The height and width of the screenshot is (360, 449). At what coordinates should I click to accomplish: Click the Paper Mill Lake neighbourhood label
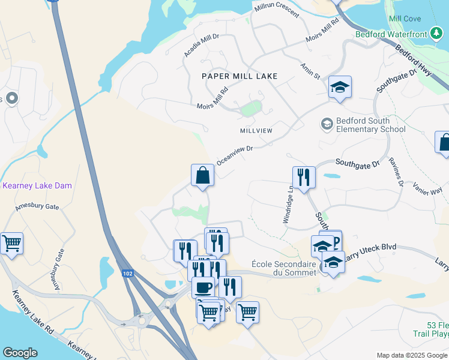tap(240, 76)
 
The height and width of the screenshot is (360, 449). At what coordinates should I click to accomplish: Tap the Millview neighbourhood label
tap(256, 131)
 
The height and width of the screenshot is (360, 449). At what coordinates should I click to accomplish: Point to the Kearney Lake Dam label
tap(37, 186)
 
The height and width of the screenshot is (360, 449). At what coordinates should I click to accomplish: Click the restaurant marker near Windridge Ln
tap(303, 178)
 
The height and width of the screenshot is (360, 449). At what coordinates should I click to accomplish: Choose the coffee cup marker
tap(203, 287)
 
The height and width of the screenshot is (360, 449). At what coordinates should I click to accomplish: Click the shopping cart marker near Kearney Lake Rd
tap(11, 244)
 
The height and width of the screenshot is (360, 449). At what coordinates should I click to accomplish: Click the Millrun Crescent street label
tap(277, 12)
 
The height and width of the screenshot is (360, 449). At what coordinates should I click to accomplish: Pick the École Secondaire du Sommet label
tap(284, 268)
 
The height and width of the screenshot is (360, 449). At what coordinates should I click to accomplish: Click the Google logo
tap(20, 353)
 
